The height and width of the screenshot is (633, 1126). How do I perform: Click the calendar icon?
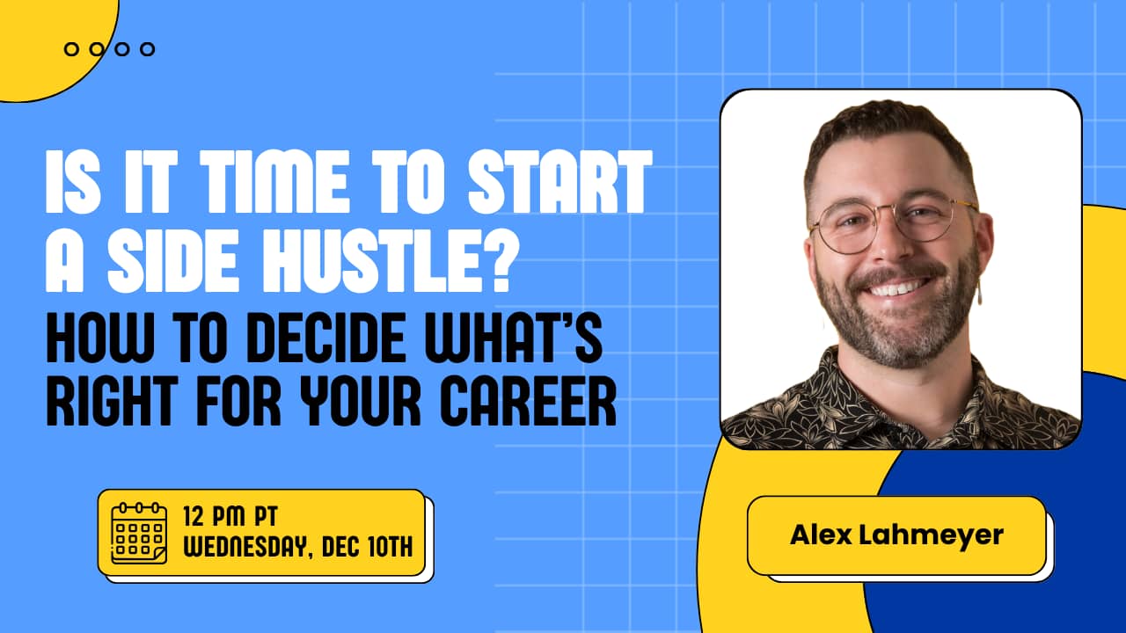pos(139,533)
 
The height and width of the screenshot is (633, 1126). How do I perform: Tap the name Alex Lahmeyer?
pos(896,535)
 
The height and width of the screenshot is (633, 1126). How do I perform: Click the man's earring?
pos(978,290)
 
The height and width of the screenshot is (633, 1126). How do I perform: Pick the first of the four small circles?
pos(71,49)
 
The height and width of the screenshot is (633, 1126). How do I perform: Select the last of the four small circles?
pos(148,49)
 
